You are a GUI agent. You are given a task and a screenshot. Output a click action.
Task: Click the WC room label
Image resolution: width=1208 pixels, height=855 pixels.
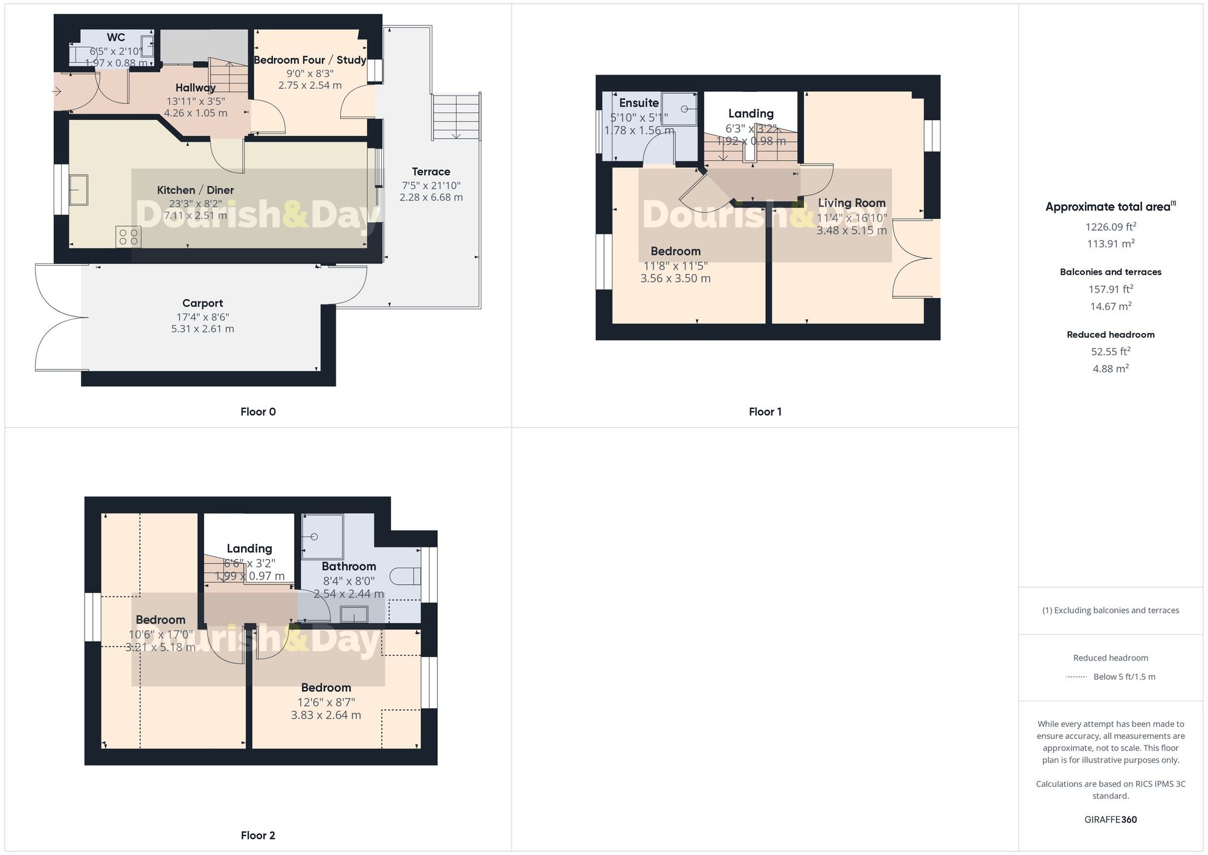pyautogui.click(x=116, y=37)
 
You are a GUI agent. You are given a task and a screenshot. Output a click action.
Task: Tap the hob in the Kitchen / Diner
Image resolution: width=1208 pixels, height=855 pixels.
pyautogui.click(x=129, y=236)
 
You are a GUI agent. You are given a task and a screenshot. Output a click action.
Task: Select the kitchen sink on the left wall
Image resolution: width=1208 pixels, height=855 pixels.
pyautogui.click(x=79, y=190)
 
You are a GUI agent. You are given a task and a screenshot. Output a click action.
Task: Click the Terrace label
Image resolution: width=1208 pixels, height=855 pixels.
pyautogui.click(x=431, y=172)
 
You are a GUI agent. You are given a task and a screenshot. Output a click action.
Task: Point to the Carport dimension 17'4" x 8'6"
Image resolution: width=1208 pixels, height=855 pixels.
pyautogui.click(x=202, y=317)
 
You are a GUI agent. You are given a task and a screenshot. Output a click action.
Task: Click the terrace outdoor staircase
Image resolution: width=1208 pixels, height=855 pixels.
pyautogui.click(x=456, y=117)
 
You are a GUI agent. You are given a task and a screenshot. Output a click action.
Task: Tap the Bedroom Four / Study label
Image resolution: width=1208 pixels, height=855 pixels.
pyautogui.click(x=310, y=60)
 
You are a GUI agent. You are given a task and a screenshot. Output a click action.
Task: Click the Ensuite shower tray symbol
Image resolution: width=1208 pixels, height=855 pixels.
pyautogui.click(x=679, y=109)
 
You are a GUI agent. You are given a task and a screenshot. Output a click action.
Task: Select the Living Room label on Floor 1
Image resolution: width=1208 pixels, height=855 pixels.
pyautogui.click(x=852, y=203)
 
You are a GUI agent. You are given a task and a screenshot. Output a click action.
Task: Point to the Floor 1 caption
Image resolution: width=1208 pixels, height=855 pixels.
pyautogui.click(x=765, y=412)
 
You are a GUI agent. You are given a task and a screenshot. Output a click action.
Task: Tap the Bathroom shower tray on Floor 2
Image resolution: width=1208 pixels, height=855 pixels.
pyautogui.click(x=323, y=537)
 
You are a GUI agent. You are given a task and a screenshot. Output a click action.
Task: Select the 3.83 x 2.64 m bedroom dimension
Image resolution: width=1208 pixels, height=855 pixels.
pyautogui.click(x=326, y=715)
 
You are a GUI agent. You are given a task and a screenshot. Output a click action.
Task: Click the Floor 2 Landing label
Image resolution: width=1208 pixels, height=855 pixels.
pyautogui.click(x=249, y=549)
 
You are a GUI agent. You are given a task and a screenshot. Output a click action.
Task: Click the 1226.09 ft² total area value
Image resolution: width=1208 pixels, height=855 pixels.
pyautogui.click(x=1110, y=227)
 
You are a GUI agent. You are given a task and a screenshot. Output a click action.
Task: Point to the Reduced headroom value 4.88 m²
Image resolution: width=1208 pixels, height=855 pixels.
pyautogui.click(x=1110, y=369)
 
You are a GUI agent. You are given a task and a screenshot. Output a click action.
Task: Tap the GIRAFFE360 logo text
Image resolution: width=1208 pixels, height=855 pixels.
pyautogui.click(x=1110, y=820)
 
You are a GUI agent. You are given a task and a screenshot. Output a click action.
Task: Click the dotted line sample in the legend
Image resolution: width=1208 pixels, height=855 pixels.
pyautogui.click(x=1076, y=677)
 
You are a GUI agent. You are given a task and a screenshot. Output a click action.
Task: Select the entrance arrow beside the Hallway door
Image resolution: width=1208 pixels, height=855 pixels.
pyautogui.click(x=57, y=92)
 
